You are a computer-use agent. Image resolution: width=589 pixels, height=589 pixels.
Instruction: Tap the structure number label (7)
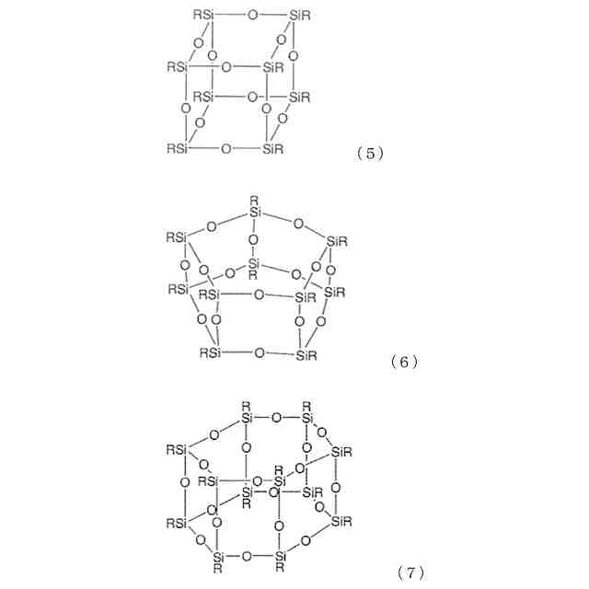click(410, 573)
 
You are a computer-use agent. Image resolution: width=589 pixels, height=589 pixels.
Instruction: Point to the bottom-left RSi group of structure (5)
click(179, 148)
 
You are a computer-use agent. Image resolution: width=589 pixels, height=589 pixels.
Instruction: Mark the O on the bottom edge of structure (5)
click(225, 148)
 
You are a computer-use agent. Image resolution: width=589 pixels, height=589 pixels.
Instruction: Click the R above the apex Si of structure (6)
click(254, 200)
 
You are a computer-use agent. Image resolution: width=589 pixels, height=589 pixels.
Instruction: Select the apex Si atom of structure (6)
click(255, 213)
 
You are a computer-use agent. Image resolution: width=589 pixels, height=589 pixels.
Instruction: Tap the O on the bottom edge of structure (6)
click(259, 353)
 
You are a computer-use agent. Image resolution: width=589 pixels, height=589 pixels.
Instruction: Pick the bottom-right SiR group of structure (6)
click(306, 354)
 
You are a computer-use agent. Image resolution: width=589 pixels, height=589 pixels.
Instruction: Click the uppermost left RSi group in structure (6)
click(178, 237)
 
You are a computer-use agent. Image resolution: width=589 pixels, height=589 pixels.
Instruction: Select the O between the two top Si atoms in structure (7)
click(276, 418)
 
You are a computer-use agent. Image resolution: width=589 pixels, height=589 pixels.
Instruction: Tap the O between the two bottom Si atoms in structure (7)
click(247, 556)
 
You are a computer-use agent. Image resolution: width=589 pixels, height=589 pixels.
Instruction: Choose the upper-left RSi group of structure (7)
click(178, 450)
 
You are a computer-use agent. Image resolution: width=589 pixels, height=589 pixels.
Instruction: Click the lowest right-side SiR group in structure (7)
click(341, 523)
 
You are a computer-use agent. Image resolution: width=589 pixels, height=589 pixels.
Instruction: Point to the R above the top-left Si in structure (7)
click(246, 405)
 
